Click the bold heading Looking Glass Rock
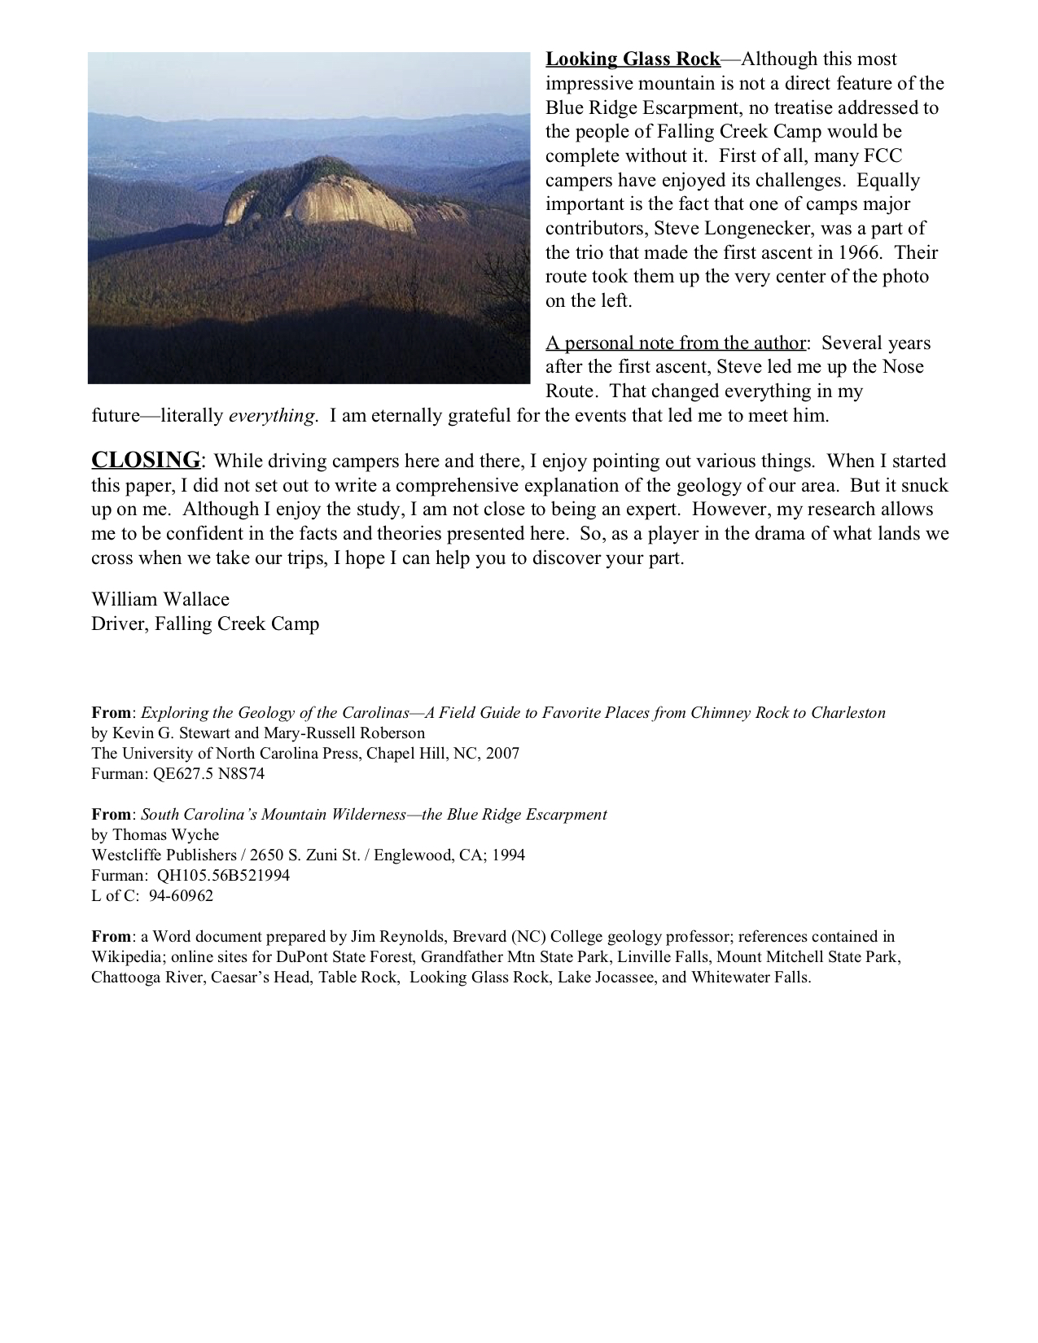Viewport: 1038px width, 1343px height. (x=633, y=59)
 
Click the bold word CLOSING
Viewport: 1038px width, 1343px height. (x=146, y=460)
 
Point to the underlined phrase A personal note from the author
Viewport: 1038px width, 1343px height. (x=676, y=343)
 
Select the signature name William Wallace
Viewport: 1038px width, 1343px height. (x=160, y=599)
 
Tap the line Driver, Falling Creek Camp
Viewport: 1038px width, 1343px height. (x=205, y=624)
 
